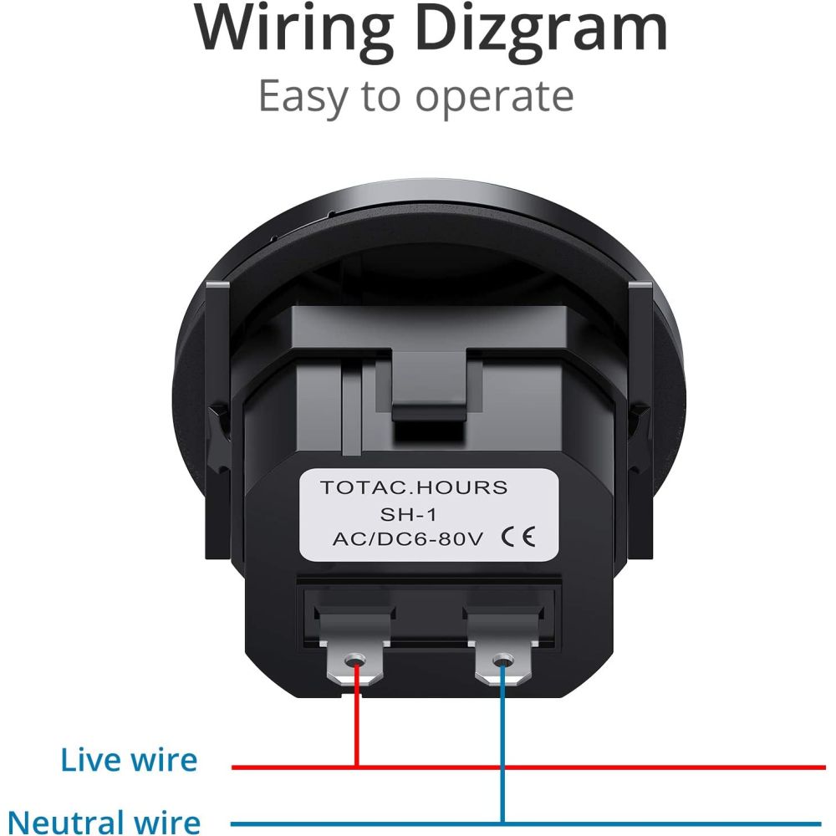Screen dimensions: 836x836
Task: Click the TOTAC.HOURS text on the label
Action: coord(414,487)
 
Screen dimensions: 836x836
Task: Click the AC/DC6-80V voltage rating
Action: coord(408,539)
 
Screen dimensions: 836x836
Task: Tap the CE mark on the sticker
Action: coord(518,537)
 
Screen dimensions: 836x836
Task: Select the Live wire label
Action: coord(129,760)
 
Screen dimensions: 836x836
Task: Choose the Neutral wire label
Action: coord(104,821)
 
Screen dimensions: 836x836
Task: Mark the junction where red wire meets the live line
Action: coord(357,767)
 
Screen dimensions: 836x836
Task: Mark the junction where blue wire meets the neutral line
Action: coord(502,823)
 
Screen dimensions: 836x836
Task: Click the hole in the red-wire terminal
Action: coord(354,661)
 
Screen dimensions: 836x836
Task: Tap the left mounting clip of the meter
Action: coord(218,421)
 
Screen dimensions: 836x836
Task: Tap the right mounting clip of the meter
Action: coord(640,421)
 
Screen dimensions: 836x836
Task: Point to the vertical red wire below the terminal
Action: coord(356,717)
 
